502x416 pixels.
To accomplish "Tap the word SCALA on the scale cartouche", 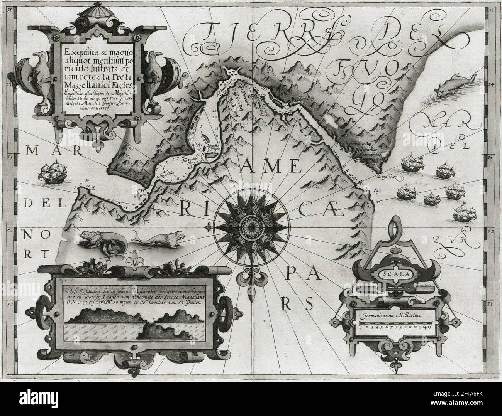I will tap(393, 275).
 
